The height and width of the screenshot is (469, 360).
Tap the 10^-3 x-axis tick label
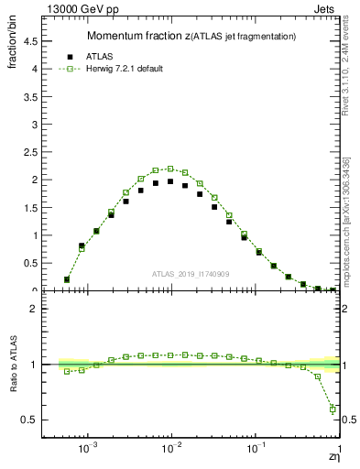pos(88,450)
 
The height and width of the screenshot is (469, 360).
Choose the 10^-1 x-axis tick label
pos(256,450)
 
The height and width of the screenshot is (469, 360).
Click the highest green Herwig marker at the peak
pos(170,169)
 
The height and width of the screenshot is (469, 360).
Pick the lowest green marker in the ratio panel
pos(333,409)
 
